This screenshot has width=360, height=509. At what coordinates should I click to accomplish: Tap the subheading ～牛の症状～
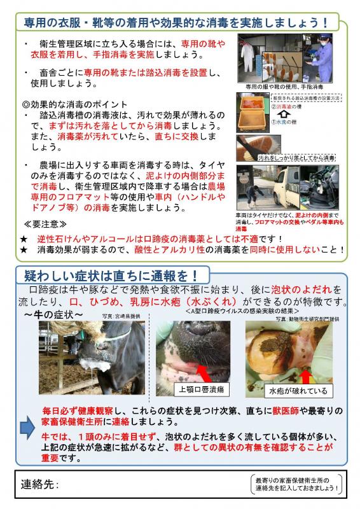(54, 315)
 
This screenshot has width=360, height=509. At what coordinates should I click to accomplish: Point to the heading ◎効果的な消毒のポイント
(75, 104)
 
